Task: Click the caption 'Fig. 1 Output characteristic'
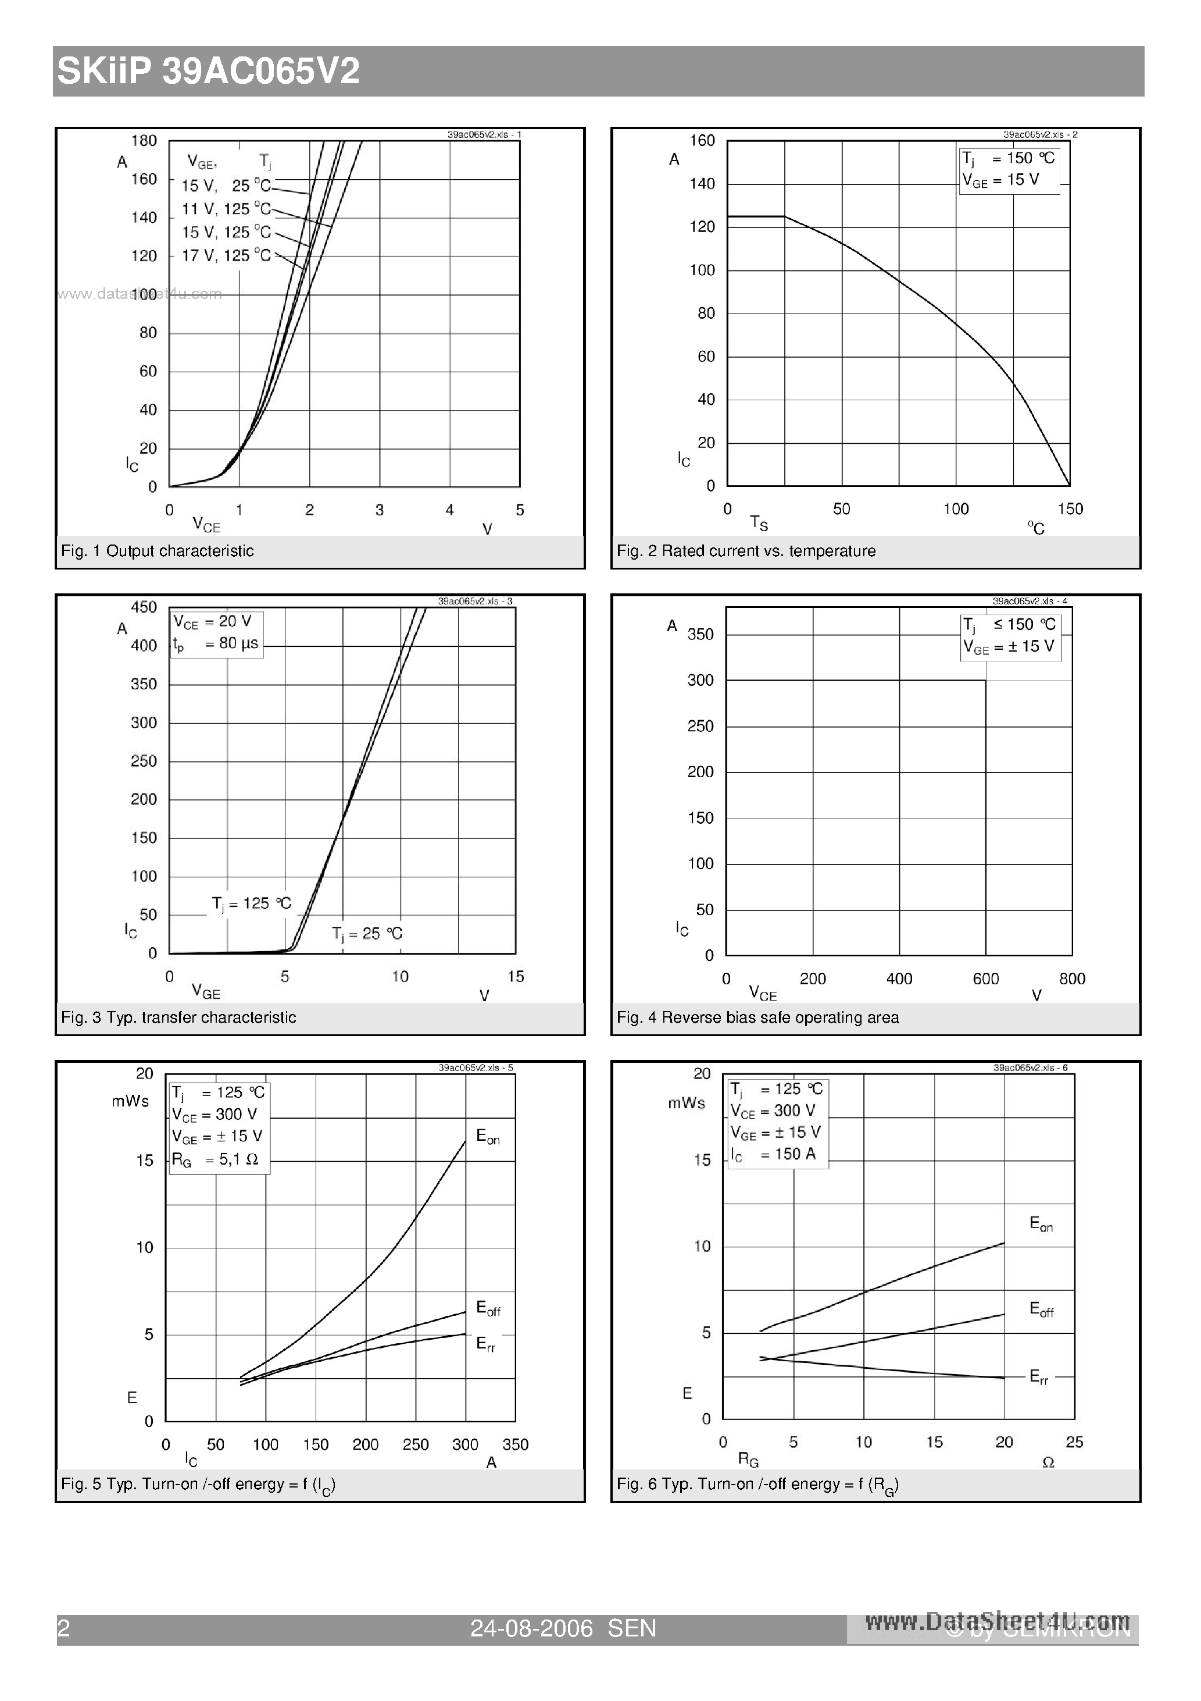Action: pyautogui.click(x=157, y=550)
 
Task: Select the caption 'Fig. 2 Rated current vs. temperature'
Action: pyautogui.click(x=746, y=550)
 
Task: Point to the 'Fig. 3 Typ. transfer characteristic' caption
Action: pyautogui.click(x=178, y=1017)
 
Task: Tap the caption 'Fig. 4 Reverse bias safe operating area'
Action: pyautogui.click(x=757, y=1017)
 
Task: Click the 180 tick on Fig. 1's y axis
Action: pyautogui.click(x=144, y=141)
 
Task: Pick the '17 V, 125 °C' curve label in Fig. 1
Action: pyautogui.click(x=227, y=255)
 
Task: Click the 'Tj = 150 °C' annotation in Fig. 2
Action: pyautogui.click(x=1009, y=158)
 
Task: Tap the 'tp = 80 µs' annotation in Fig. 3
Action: pyautogui.click(x=216, y=644)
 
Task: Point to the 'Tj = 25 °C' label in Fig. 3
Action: pyautogui.click(x=366, y=934)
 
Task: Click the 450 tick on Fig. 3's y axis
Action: pyautogui.click(x=144, y=607)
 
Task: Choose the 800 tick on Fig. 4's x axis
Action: pyautogui.click(x=1071, y=978)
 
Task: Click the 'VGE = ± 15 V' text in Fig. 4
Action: pyautogui.click(x=1009, y=647)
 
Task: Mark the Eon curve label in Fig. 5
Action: pyautogui.click(x=488, y=1137)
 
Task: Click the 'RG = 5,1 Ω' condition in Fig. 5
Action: pyautogui.click(x=215, y=1159)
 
